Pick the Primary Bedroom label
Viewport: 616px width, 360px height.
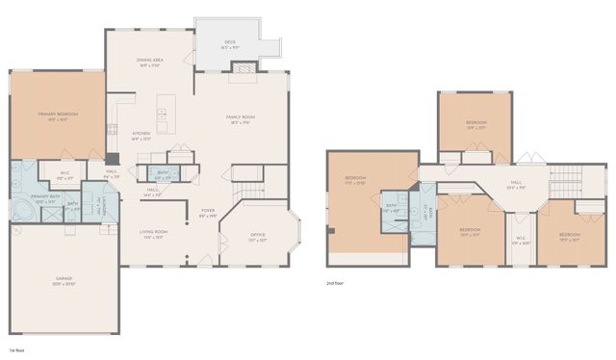click(x=58, y=116)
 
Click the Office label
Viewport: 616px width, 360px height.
click(x=257, y=236)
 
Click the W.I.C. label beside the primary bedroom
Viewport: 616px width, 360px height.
click(x=65, y=175)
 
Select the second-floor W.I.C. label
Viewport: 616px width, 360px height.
click(x=521, y=241)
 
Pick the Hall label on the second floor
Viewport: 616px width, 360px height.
click(x=516, y=183)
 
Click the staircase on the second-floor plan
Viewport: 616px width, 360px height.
click(x=566, y=178)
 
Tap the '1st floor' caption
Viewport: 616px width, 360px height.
click(x=16, y=350)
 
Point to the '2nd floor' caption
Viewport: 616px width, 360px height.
click(x=336, y=283)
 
